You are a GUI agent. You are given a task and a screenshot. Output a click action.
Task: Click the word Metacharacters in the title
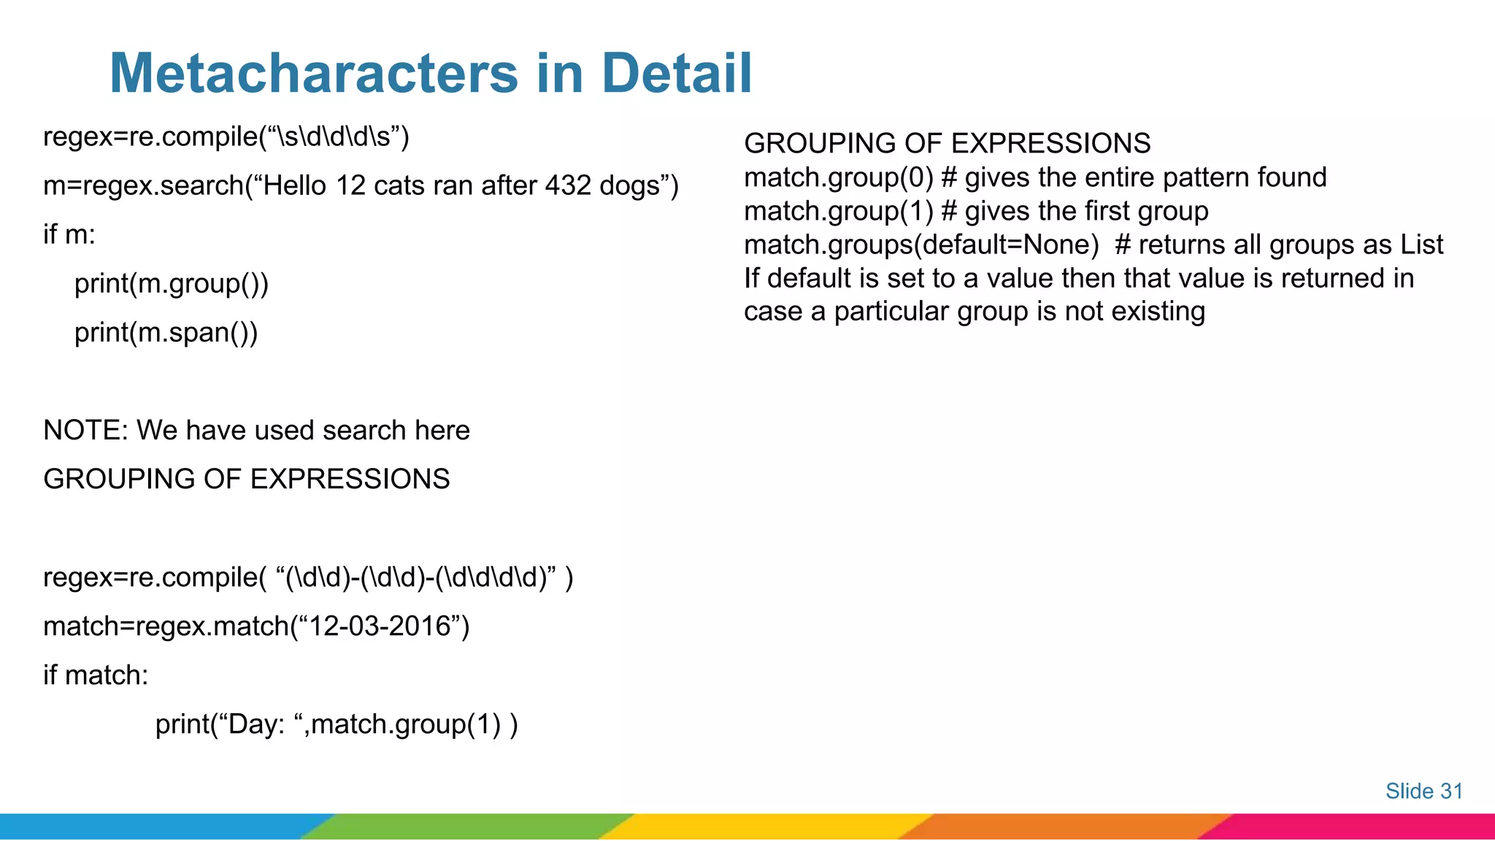314,73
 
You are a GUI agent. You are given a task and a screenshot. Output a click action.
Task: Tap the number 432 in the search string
567,185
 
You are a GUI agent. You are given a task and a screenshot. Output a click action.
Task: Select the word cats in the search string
399,185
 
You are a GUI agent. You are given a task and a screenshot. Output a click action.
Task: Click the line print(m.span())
166,333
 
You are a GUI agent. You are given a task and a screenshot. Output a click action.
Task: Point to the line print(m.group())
172,284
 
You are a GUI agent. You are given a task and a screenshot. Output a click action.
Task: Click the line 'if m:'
69,234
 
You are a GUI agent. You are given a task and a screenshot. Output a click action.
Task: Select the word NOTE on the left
85,430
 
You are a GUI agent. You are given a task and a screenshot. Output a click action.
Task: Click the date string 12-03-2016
380,626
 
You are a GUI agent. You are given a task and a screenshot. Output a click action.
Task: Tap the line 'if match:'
96,675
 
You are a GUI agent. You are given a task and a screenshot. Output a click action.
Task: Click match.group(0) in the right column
838,177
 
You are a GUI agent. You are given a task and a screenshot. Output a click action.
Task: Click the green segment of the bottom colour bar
467,826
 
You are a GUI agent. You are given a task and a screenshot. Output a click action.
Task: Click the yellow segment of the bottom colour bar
766,826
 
